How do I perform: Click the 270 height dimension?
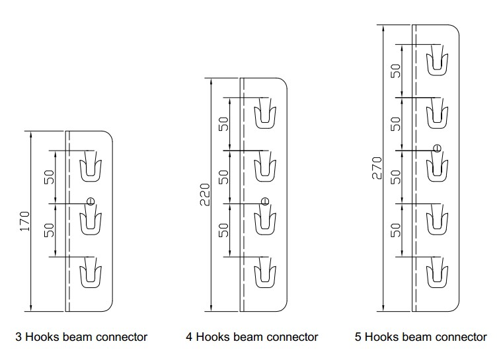(x=377, y=168)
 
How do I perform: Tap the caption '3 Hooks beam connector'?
(x=81, y=337)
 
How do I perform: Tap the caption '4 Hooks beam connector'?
(x=252, y=337)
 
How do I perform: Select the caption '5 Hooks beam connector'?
(x=420, y=337)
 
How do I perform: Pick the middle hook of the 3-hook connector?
(x=91, y=222)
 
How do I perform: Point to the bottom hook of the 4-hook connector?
(x=265, y=275)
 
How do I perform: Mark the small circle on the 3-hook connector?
(x=91, y=201)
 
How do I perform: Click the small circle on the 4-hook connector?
(x=265, y=201)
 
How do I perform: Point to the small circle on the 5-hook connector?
(x=437, y=147)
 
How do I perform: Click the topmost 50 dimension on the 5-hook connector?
(x=395, y=71)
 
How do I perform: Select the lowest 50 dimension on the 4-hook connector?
(x=223, y=230)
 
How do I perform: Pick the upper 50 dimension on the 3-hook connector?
(x=50, y=176)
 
